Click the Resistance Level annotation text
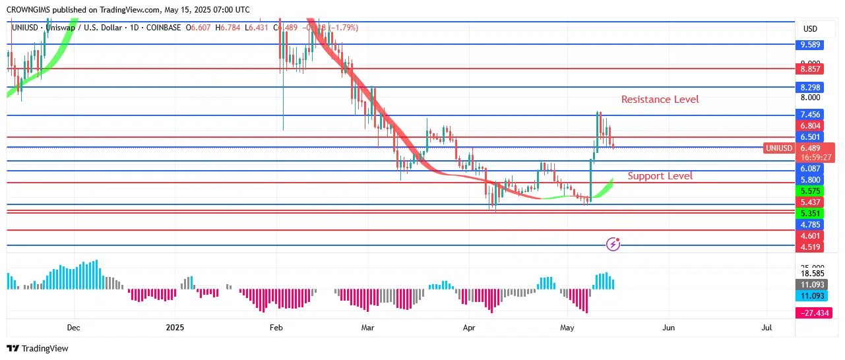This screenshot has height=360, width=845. (x=660, y=100)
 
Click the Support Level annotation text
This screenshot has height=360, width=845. (x=660, y=176)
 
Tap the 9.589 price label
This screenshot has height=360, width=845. (x=810, y=45)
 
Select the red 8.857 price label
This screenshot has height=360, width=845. (x=810, y=69)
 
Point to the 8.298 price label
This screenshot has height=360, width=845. (x=810, y=87)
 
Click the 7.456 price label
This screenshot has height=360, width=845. (x=810, y=115)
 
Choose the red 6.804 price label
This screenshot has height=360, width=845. (x=810, y=126)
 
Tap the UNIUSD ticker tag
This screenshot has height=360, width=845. (x=778, y=148)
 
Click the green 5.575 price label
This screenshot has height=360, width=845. (x=810, y=191)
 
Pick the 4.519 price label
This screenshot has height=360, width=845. (x=810, y=247)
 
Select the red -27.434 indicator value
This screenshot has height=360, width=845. (x=815, y=313)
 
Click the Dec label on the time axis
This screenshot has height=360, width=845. (x=73, y=328)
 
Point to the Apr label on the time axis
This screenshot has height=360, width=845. (x=469, y=328)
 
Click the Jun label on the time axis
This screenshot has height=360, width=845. (x=669, y=328)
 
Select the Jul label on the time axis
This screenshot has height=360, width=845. (x=767, y=328)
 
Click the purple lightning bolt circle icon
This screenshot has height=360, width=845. (x=613, y=245)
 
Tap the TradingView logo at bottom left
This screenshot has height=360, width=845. (x=38, y=348)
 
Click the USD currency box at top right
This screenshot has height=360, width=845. (x=810, y=29)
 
